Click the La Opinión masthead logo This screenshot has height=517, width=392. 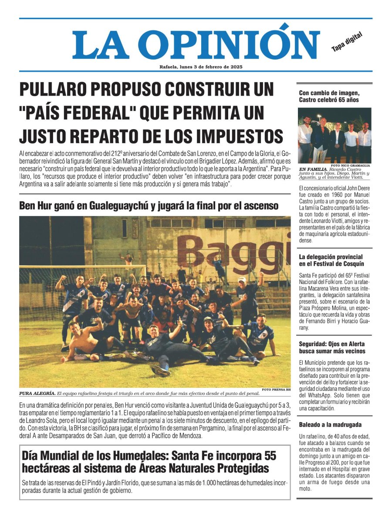pyautogui.click(x=196, y=44)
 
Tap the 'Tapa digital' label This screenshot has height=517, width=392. pyautogui.click(x=347, y=42)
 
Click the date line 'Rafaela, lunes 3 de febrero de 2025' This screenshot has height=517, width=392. pyautogui.click(x=201, y=67)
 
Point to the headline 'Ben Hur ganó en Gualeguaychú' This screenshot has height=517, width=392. pyautogui.click(x=149, y=206)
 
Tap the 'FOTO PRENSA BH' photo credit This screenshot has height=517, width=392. pyautogui.click(x=276, y=389)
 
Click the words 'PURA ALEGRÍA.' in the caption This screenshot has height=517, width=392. pyautogui.click(x=37, y=394)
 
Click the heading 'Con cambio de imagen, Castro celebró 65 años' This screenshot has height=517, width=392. pyautogui.click(x=329, y=96)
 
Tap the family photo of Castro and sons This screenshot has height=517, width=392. pyautogui.click(x=335, y=135)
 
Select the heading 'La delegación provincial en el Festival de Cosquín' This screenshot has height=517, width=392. pyautogui.click(x=331, y=260)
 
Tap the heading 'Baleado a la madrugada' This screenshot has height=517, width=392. pyautogui.click(x=330, y=424)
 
